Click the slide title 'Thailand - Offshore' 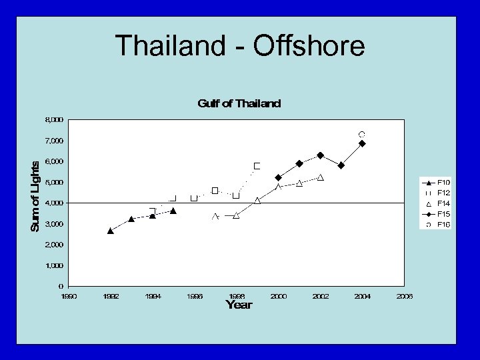(x=240, y=47)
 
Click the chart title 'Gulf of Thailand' (x=239, y=103)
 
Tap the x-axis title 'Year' (x=239, y=305)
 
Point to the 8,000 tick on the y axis (x=54, y=120)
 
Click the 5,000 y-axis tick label (x=54, y=182)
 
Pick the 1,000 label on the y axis (x=54, y=265)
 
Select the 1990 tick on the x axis (x=69, y=296)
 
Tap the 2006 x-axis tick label (x=404, y=296)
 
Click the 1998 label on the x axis (x=237, y=296)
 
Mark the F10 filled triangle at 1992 (x=111, y=231)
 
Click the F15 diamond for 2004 (x=362, y=143)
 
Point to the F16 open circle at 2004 (x=362, y=135)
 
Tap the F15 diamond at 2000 (x=278, y=177)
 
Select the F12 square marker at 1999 (x=257, y=166)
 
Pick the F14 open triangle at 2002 (x=321, y=177)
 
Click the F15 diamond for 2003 (x=341, y=165)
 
